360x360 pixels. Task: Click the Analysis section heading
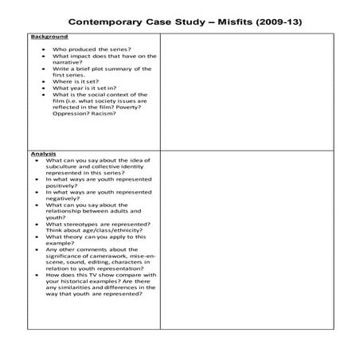coord(43,153)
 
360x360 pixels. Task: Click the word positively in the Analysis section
coord(61,185)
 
